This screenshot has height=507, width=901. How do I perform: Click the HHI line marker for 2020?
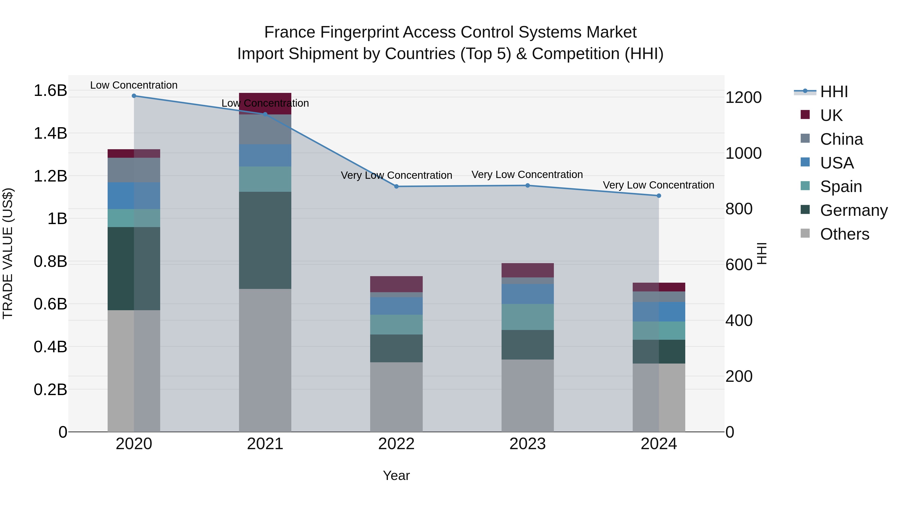point(134,96)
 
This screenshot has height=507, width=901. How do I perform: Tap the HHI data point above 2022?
point(396,187)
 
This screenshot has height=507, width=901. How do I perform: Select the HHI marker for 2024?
point(659,196)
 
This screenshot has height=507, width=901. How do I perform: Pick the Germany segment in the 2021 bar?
point(265,240)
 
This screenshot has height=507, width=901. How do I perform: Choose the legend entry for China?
point(841,139)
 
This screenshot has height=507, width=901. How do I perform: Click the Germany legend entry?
point(853,210)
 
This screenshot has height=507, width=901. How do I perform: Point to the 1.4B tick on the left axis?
point(50,133)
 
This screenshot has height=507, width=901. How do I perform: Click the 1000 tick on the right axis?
point(743,153)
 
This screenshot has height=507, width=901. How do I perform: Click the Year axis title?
point(396,475)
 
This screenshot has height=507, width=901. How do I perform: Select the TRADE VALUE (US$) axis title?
point(8,253)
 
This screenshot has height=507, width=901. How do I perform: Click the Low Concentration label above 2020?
point(134,85)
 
